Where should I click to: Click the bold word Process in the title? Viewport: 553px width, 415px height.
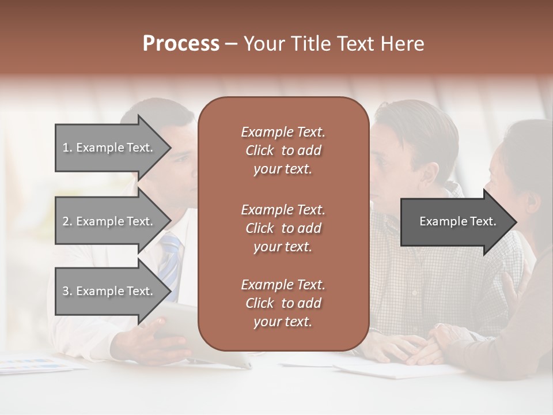pyautogui.click(x=181, y=44)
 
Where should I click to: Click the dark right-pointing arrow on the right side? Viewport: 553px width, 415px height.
pyautogui.click(x=455, y=222)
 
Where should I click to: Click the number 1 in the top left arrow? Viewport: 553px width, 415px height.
pyautogui.click(x=66, y=148)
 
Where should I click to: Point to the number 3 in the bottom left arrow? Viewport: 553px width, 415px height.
pyautogui.click(x=66, y=291)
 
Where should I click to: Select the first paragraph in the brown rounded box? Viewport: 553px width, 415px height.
pyautogui.click(x=283, y=150)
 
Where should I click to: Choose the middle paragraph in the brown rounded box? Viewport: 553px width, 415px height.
pyautogui.click(x=283, y=228)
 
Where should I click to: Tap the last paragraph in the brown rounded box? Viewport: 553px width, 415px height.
pyautogui.click(x=283, y=303)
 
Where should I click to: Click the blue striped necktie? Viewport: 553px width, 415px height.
pyautogui.click(x=171, y=259)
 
